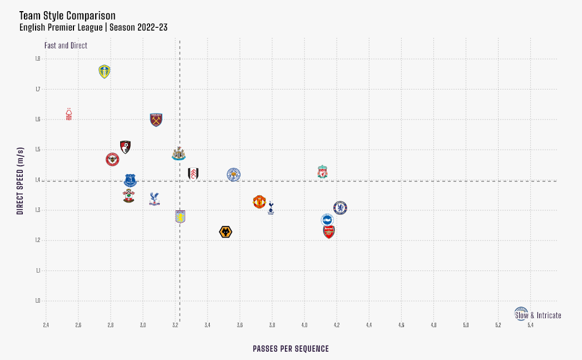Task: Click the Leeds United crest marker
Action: [104, 71]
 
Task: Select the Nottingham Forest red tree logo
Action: [69, 114]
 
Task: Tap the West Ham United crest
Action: [156, 120]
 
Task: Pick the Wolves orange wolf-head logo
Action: [225, 232]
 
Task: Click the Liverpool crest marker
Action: [323, 172]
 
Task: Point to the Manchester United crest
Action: [259, 201]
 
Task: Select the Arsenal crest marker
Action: [329, 231]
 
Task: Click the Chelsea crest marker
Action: [341, 208]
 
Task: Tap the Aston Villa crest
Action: [180, 217]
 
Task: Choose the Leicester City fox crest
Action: [234, 175]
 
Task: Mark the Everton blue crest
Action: [130, 180]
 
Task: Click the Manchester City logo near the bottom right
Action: [521, 312]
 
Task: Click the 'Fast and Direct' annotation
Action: [66, 46]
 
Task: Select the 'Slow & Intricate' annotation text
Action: [539, 315]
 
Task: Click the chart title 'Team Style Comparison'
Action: [67, 16]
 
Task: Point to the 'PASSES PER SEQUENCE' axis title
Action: [290, 349]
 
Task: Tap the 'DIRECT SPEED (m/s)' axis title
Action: [20, 181]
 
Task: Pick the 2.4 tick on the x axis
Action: [46, 325]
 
